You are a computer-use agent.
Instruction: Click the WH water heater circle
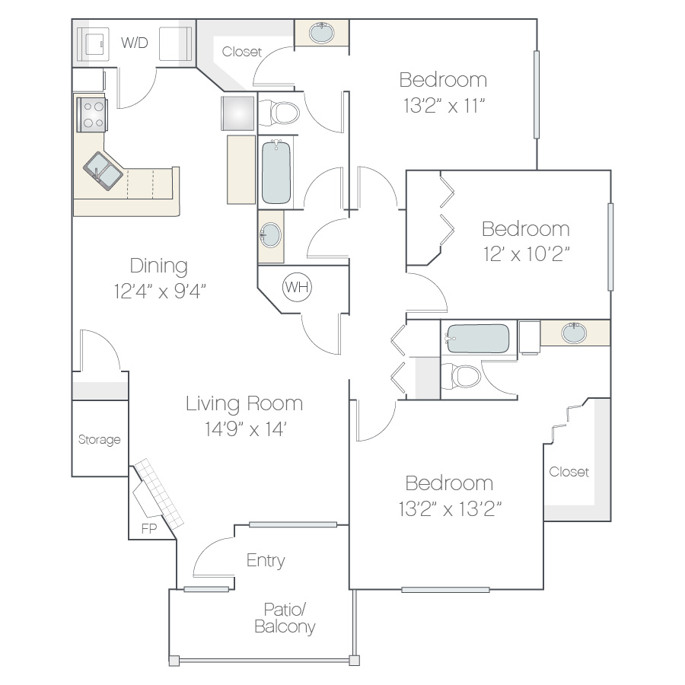(297, 287)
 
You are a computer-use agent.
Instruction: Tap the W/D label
(135, 43)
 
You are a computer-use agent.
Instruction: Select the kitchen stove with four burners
(92, 115)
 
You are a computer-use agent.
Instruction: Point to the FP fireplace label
(149, 529)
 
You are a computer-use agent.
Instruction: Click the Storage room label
(99, 439)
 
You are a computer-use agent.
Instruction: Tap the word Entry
(266, 560)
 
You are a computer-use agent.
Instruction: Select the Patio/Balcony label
(285, 618)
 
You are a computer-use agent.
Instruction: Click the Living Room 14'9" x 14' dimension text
(245, 429)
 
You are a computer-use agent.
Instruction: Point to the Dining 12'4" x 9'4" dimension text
(160, 291)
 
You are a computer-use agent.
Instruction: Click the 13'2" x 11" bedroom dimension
(444, 106)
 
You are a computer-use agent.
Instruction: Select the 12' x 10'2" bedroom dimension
(527, 253)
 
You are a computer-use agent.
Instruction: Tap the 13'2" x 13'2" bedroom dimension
(450, 508)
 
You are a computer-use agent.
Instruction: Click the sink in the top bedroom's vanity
(321, 33)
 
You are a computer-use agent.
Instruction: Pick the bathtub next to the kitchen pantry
(276, 172)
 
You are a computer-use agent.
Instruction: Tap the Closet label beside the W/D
(241, 52)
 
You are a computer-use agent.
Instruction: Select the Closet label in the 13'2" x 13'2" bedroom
(569, 472)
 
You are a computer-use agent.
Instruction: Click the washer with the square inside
(93, 44)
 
